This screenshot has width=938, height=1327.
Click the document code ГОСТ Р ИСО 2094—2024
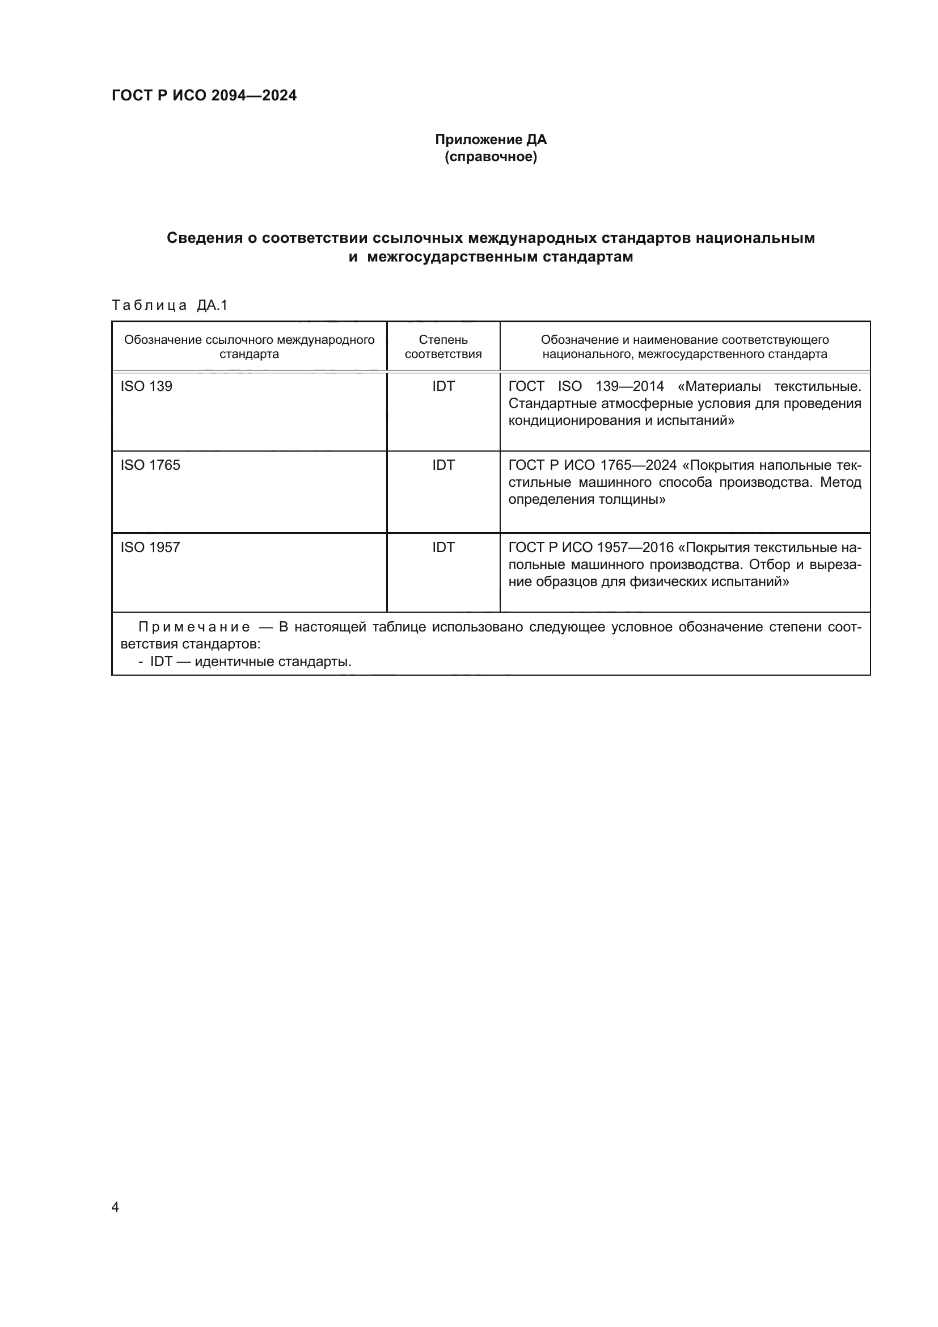point(204,96)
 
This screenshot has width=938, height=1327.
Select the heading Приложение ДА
point(491,140)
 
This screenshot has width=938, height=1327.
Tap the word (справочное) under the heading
point(491,157)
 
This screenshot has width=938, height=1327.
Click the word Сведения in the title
point(205,238)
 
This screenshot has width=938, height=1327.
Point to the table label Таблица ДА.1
point(170,305)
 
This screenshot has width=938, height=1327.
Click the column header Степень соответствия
point(443,347)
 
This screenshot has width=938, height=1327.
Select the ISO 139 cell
point(146,386)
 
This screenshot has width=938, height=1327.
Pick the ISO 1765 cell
point(150,465)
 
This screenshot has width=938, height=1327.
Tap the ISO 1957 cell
point(150,547)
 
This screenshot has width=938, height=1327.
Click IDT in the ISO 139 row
point(443,386)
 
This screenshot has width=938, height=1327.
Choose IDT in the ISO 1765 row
point(443,465)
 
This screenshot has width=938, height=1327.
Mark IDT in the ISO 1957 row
point(443,547)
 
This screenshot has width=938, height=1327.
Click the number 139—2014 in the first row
point(629,386)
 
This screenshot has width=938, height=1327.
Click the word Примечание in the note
point(195,627)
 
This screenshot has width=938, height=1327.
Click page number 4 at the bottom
point(115,1207)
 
